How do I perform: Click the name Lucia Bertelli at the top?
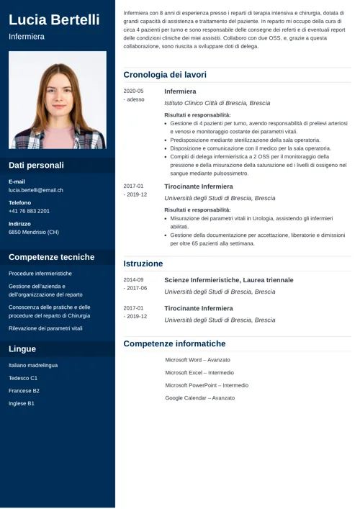point(54,19)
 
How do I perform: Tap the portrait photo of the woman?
point(58,100)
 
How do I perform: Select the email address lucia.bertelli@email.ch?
point(36,190)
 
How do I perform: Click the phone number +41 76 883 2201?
point(30,211)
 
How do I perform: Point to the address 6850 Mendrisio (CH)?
point(34,233)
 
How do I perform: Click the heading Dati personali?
point(36,165)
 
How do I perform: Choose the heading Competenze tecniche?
point(51,257)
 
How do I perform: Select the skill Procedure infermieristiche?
point(40,274)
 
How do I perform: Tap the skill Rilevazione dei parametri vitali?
point(45,328)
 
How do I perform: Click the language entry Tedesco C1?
point(23,378)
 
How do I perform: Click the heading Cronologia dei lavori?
point(165,74)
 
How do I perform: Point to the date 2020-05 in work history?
point(133,91)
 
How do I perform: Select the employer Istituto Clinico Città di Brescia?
point(217,104)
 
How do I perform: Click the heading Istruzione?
point(143,263)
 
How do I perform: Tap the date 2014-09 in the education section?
point(133,279)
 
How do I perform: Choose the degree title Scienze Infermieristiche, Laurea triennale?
point(228,279)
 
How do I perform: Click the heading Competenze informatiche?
point(174,344)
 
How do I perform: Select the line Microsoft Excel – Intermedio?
point(199,373)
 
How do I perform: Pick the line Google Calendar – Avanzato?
point(200,397)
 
